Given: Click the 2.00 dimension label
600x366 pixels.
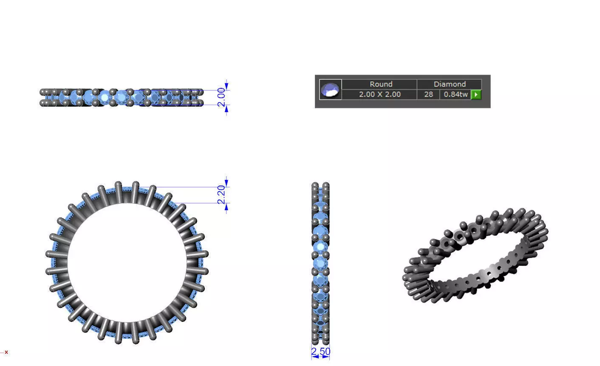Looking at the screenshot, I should (x=221, y=97).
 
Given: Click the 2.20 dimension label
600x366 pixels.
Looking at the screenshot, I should (x=221, y=195).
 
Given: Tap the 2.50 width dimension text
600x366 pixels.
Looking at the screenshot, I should (x=320, y=352).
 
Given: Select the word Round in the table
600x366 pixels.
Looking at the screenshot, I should (x=380, y=84).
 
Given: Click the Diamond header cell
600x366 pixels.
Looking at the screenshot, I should (x=449, y=84).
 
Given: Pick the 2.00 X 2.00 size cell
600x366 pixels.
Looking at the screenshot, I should (x=379, y=94).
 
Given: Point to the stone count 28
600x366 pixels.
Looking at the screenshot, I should (x=428, y=94).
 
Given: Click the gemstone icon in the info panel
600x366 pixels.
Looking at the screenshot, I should (x=331, y=90).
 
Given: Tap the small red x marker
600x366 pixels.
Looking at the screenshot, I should (x=6, y=352).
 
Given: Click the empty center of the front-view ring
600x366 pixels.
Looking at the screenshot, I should (x=127, y=262).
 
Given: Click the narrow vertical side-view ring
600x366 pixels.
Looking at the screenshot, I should (x=320, y=263).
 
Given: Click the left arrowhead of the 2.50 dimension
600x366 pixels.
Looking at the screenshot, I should (x=314, y=357).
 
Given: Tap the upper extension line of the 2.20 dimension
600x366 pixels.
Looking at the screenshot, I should (x=191, y=187).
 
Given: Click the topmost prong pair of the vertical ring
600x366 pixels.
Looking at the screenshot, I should (x=320, y=186).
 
